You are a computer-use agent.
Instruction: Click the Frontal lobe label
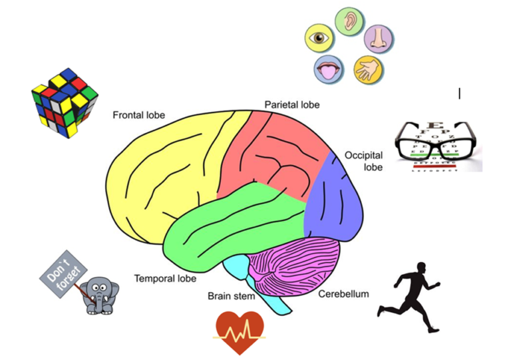[x=138, y=115]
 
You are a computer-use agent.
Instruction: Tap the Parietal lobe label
[x=292, y=104]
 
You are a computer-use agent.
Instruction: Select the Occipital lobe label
[x=363, y=161]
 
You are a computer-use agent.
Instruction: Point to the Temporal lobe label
[x=165, y=278]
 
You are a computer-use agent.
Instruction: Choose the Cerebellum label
[x=343, y=293]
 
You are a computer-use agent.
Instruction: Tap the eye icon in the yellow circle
[x=319, y=38]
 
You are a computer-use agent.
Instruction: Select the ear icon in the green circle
[x=347, y=21]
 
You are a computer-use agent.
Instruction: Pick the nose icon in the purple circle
[x=377, y=39]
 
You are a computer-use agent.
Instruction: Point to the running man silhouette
[x=409, y=297]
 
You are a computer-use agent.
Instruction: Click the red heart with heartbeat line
[x=240, y=330]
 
